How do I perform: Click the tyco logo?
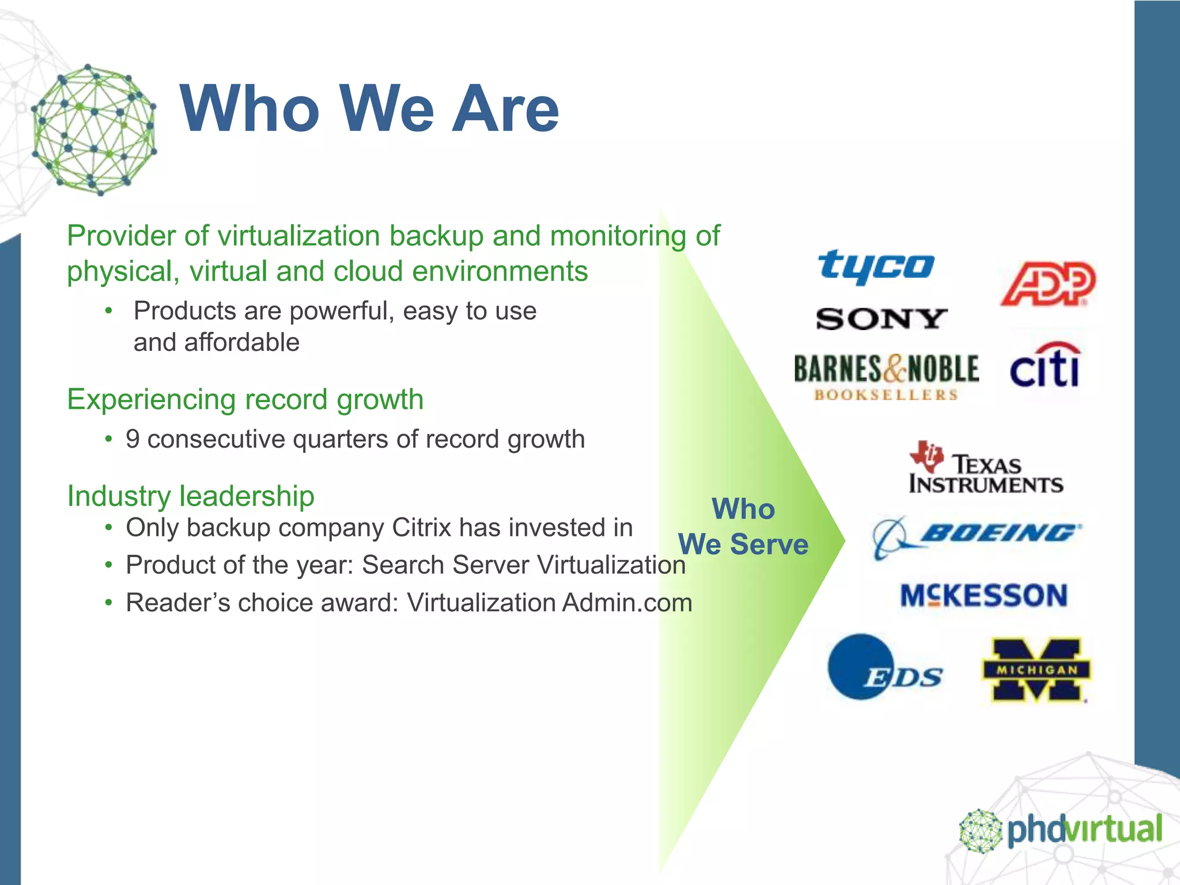pos(876,266)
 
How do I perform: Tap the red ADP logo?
pos(1047,283)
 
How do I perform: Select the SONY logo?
pos(881,319)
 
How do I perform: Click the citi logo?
pos(1045,367)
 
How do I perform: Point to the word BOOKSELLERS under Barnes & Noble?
pos(886,395)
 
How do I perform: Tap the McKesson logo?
pos(984,595)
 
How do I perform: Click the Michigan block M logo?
pos(1035,670)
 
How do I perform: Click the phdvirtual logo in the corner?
pos(1061,830)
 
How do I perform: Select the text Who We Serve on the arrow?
pos(743,527)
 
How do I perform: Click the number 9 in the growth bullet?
pos(133,440)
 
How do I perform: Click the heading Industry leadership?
pos(191,496)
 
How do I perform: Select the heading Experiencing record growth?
pos(245,399)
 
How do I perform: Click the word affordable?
pos(241,343)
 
